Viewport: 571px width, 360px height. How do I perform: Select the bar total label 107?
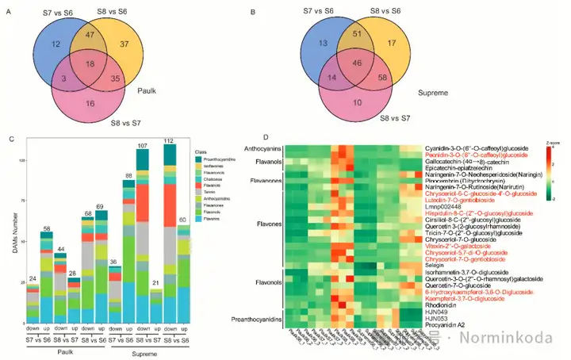(x=143, y=147)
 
